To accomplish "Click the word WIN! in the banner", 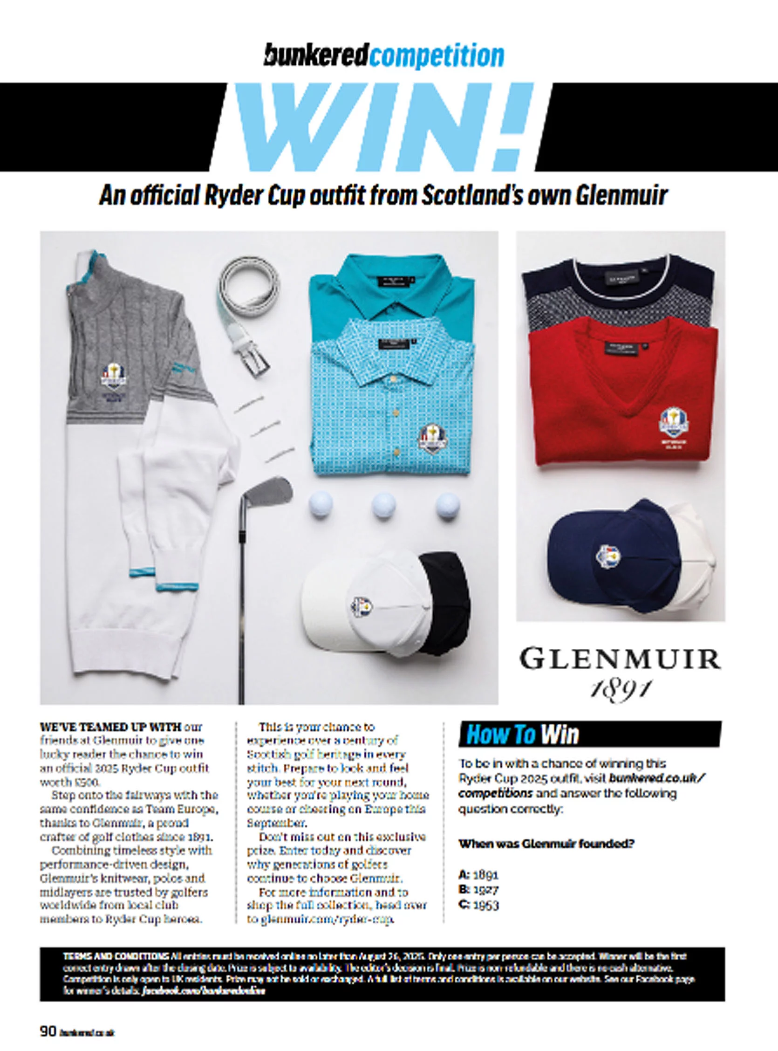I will (x=384, y=127).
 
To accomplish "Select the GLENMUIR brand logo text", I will (x=620, y=659).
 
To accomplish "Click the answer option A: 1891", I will (x=478, y=875).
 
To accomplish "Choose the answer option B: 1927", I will (x=478, y=890).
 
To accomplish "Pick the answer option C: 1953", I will (x=478, y=905).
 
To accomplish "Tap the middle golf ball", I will (x=383, y=506).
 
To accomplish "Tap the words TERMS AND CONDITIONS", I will (x=116, y=957).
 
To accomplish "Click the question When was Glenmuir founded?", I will (x=546, y=844).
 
